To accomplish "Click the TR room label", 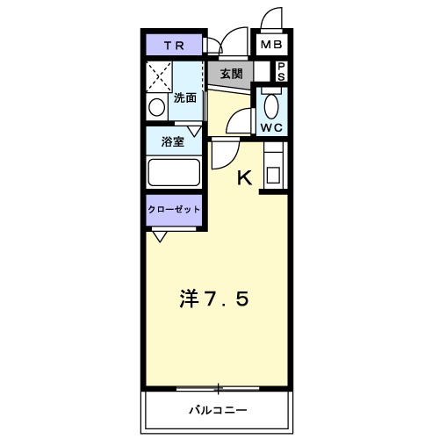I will tap(172, 44).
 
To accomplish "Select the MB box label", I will tap(270, 44).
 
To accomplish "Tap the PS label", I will tap(282, 70).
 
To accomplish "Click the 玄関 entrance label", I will tap(231, 73).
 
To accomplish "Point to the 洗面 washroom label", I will tap(186, 98).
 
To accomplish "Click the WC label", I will tap(270, 126).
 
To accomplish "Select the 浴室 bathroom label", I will tap(172, 140).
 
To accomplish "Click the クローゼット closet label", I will tap(173, 210).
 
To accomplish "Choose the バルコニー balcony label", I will tap(217, 409).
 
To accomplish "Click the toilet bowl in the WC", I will tap(270, 106).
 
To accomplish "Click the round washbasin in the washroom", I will tap(157, 108).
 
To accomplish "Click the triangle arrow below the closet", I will tap(160, 235).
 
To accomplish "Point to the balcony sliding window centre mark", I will tap(217, 387).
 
